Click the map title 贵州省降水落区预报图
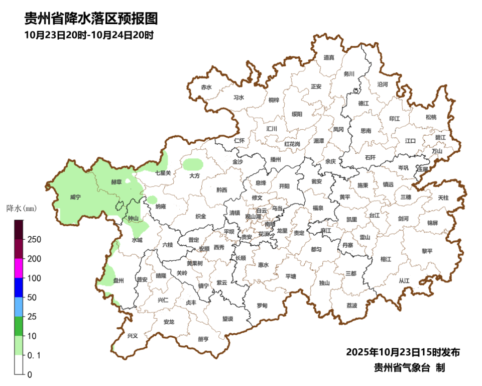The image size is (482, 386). pos(91,19)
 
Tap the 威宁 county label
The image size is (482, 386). pos(75,198)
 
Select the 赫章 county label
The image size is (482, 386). pos(116,182)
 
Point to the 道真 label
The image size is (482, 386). pos(329,57)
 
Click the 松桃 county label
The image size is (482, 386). pos(431,117)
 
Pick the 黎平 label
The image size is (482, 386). pos(427,251)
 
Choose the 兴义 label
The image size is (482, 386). pos(132,336)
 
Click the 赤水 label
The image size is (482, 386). pos(206,87)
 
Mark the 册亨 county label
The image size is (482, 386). pos(203,339)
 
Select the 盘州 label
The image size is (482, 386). pos(118,280)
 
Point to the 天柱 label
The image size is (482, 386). pos(443,198)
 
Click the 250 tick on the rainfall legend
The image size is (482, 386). pos(34,239)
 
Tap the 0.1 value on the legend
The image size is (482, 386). pos(34,355)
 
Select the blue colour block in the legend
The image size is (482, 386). pos(19,287)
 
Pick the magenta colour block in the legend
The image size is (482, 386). pos(19,268)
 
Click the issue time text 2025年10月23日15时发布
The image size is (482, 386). pos(403,352)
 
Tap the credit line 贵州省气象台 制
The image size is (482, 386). pos(409,367)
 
